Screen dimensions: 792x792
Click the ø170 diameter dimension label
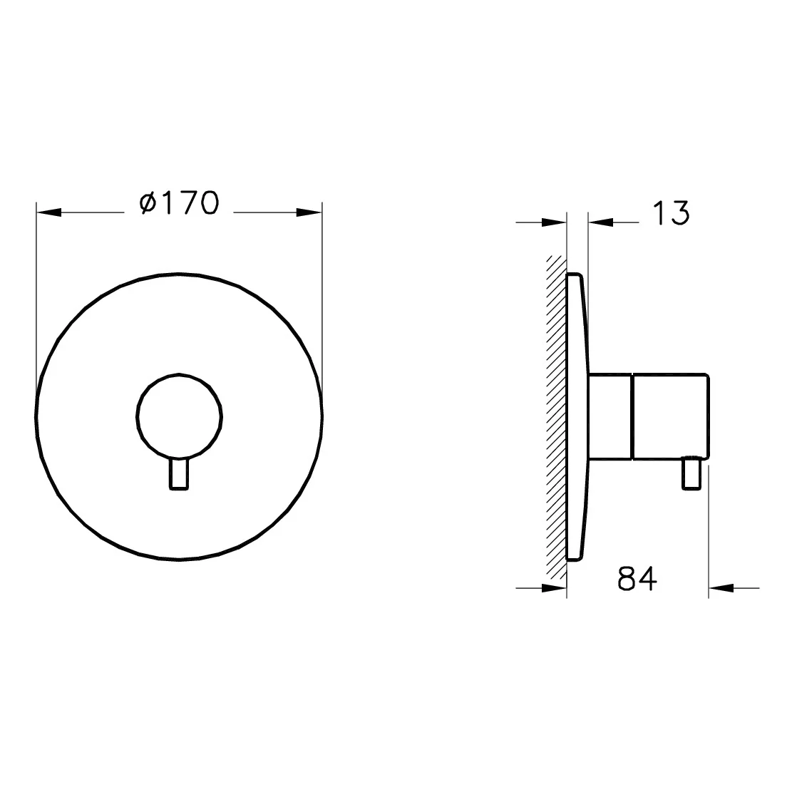[180, 203]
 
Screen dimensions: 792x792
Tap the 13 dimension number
[670, 212]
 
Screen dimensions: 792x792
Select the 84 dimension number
[637, 579]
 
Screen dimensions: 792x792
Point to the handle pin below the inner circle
[179, 474]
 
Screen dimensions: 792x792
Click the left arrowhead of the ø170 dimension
[48, 212]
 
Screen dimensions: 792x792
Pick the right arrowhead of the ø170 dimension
[309, 212]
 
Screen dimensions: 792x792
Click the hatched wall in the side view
[556, 418]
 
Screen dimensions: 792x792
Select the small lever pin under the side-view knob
[691, 473]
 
